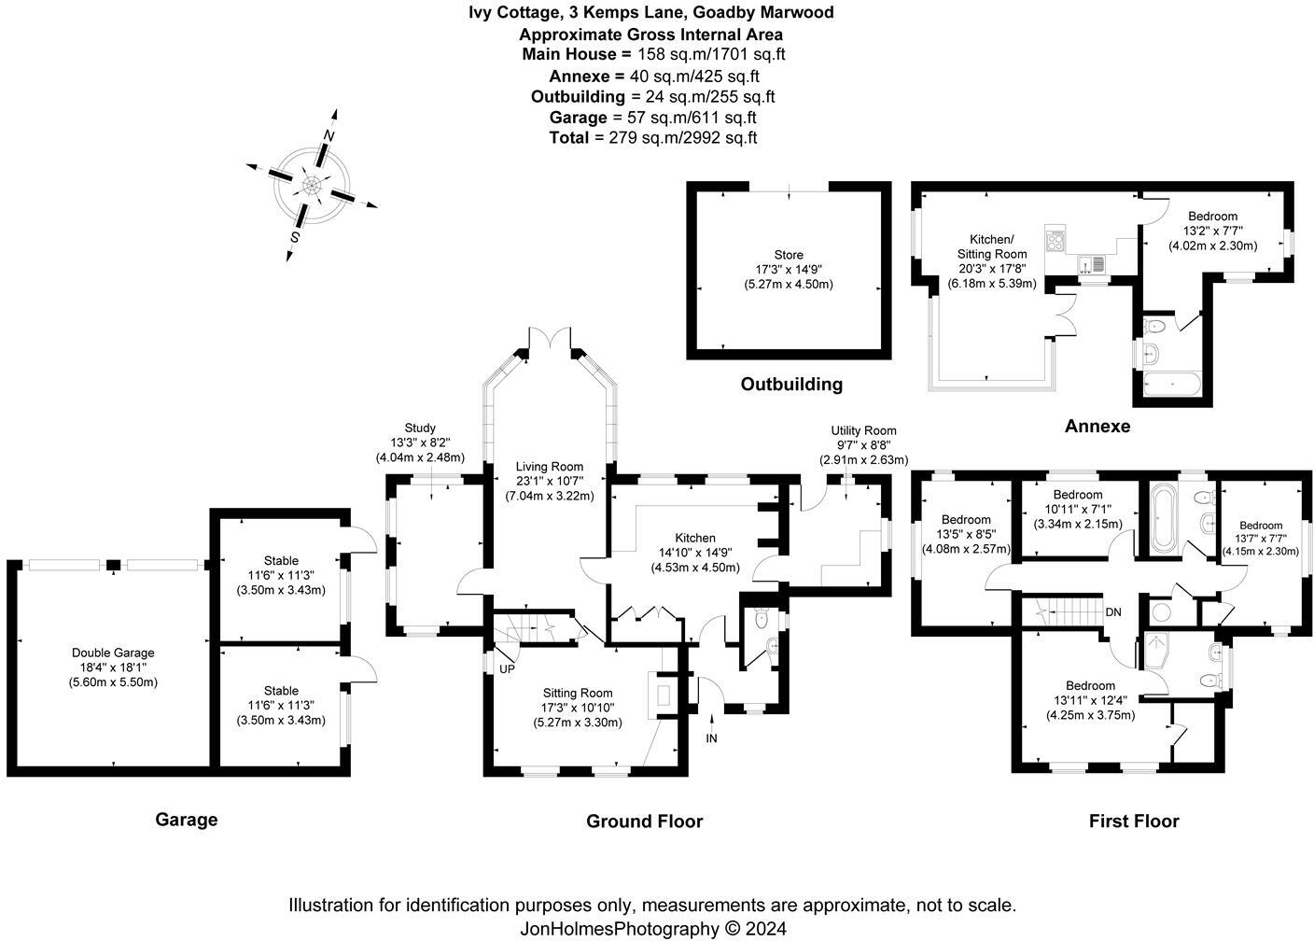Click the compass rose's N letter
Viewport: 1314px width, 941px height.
[x=328, y=135]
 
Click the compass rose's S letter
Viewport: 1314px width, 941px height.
[x=294, y=237]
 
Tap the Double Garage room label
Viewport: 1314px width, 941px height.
[x=113, y=653]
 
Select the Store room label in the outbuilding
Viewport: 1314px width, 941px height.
[x=789, y=255]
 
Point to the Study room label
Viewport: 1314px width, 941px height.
[x=420, y=428]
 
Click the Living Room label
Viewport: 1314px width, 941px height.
[x=550, y=467]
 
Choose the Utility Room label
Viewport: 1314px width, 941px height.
[x=863, y=430]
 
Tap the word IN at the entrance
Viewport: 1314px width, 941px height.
[x=712, y=738]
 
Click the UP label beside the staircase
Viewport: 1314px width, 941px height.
[x=507, y=669]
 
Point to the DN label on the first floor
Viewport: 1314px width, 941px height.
[x=1112, y=612]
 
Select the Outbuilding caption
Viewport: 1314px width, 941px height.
[x=791, y=384]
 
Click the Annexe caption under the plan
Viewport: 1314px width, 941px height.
[x=1097, y=427]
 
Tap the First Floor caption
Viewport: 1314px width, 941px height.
[x=1134, y=822]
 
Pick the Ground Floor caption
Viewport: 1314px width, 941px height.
[x=644, y=822]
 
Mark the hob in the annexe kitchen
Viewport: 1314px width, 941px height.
[x=1056, y=240]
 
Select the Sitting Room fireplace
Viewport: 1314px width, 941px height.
[x=664, y=694]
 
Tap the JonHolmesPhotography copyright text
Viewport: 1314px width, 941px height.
[x=652, y=928]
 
